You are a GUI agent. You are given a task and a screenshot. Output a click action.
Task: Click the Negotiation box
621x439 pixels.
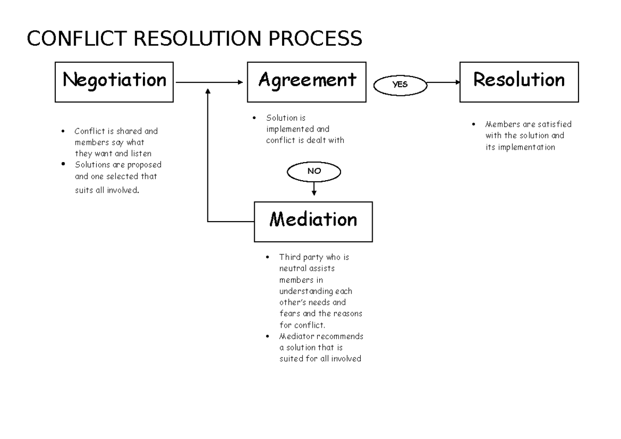(x=114, y=82)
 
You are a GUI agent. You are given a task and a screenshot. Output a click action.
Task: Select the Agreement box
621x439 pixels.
(x=307, y=82)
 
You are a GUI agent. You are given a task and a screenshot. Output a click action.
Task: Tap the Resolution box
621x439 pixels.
(x=519, y=82)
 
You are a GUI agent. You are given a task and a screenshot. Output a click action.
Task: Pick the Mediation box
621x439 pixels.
(x=313, y=221)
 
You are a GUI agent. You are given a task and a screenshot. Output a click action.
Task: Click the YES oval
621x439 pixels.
(x=400, y=85)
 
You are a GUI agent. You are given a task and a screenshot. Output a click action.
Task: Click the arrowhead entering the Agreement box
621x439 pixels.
(x=241, y=82)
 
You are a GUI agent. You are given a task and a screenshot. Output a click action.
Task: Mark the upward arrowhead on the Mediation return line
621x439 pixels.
(x=208, y=91)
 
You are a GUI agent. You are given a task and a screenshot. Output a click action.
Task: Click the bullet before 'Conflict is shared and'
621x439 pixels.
(x=63, y=131)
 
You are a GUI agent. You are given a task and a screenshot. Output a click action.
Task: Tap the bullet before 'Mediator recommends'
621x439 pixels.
(x=267, y=336)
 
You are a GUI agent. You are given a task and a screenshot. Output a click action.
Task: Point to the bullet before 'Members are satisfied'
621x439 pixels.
(x=473, y=125)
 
